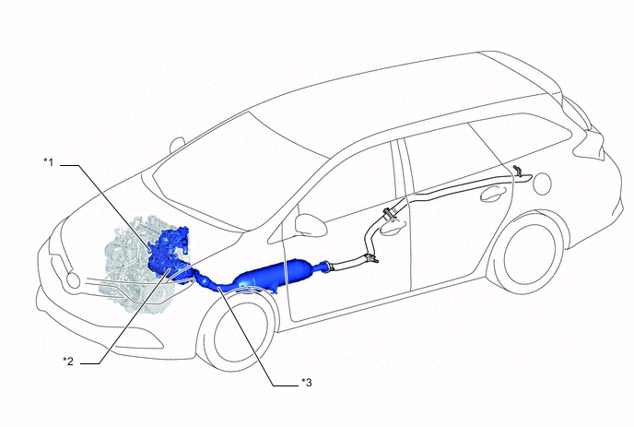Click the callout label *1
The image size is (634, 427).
click(x=48, y=162)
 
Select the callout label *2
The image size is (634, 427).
click(x=68, y=361)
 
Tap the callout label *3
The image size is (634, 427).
click(x=307, y=382)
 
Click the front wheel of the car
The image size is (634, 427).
click(x=240, y=329)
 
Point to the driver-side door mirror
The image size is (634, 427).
click(x=311, y=225)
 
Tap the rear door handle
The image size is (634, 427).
click(x=492, y=193)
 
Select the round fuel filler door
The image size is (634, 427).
click(x=542, y=184)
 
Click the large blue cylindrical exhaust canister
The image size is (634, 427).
click(x=275, y=274)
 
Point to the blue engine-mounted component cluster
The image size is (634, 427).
click(x=168, y=252)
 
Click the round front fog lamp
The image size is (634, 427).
click(x=73, y=280)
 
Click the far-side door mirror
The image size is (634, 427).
click(x=177, y=145)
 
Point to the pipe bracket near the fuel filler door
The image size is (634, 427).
click(x=518, y=171)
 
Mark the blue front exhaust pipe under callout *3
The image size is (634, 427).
click(x=214, y=283)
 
